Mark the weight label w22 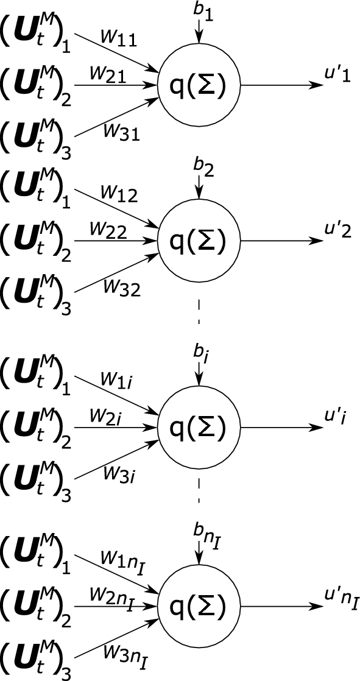(108, 229)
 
